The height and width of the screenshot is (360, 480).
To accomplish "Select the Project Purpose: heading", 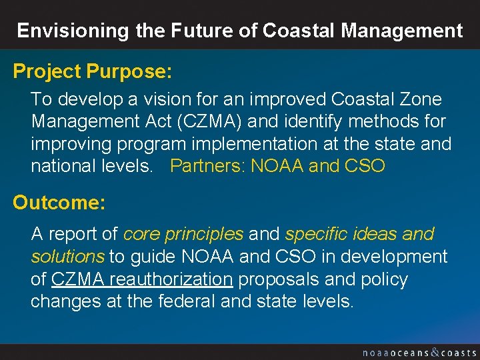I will (93, 71).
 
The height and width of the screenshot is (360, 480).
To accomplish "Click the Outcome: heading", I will (59, 203).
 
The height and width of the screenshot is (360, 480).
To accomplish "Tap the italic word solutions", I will (67, 257).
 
